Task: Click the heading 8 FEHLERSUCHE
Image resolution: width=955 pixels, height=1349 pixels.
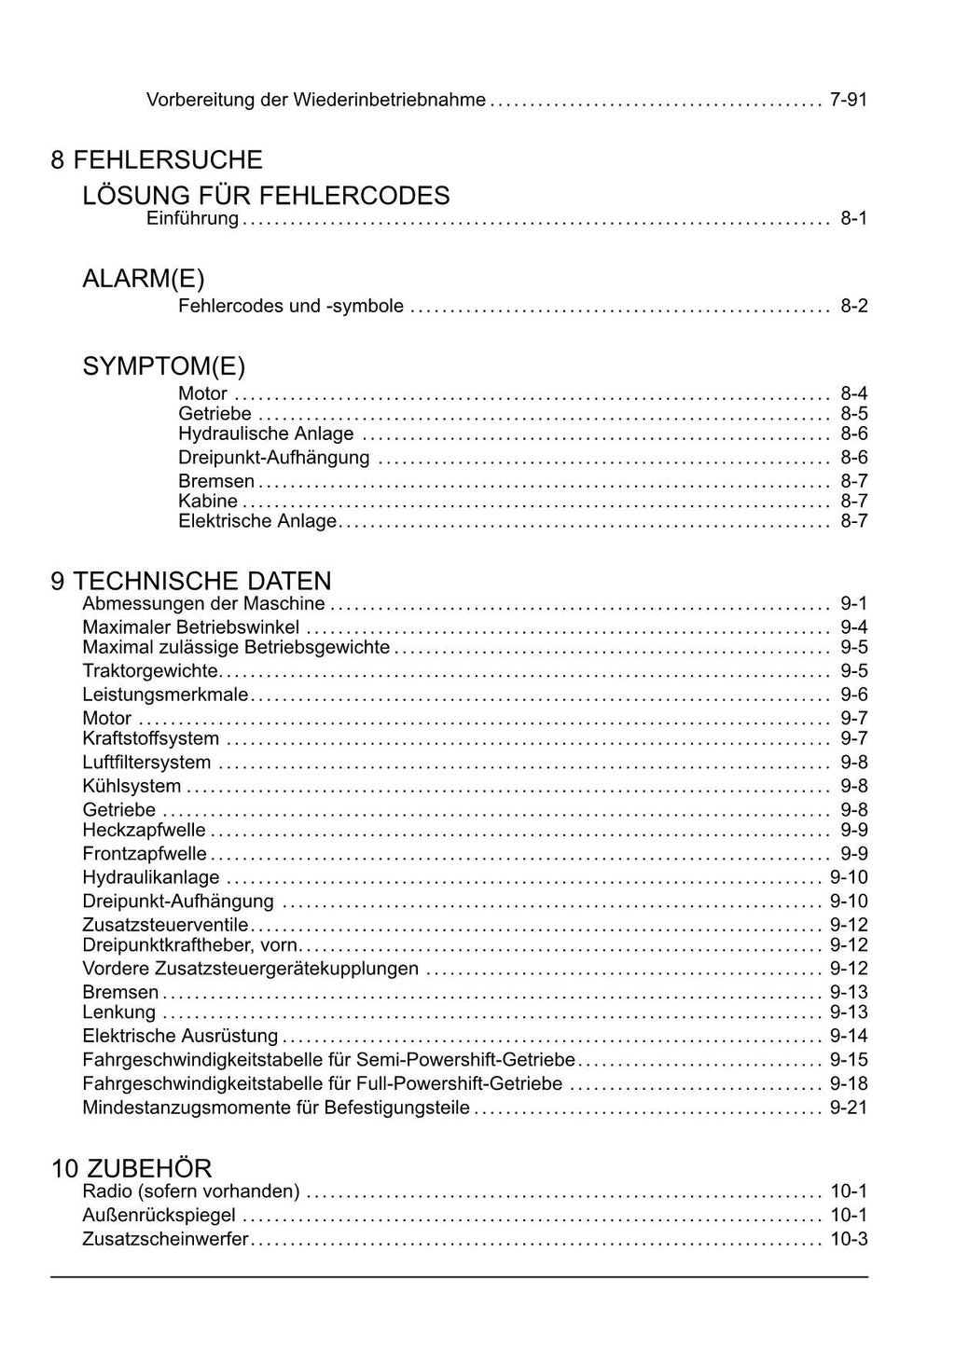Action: coord(157,160)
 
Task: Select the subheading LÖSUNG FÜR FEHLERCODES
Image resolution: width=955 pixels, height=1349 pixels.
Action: coord(266,196)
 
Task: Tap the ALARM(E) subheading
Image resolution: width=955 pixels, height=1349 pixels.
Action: coord(144,279)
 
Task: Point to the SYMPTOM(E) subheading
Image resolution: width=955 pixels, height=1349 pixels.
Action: coord(164,366)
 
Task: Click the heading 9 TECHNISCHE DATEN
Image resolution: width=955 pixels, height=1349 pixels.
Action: coord(191,582)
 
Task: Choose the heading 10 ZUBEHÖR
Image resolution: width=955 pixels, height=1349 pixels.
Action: coord(131,1168)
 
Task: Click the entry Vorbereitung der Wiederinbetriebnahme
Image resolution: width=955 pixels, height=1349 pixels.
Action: coord(316,99)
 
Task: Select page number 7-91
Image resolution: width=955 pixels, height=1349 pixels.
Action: coord(848,99)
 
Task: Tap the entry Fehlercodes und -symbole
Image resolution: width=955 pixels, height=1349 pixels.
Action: coord(291,306)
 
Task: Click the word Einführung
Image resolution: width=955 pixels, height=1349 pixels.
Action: coord(193,219)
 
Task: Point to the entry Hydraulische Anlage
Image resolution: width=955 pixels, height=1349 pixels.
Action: coord(266,434)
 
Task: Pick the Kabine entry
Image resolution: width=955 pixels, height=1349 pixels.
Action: coord(208,502)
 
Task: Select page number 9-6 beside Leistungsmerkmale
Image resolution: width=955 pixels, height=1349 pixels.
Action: coord(853,695)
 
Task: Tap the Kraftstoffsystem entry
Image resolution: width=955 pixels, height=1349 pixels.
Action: coord(151,739)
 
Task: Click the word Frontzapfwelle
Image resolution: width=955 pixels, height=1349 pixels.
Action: coord(145,854)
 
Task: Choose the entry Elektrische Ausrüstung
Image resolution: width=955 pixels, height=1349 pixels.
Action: coord(180,1036)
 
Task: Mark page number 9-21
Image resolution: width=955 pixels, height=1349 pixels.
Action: coord(848,1108)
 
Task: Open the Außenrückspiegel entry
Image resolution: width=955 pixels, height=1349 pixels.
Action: coord(159,1216)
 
